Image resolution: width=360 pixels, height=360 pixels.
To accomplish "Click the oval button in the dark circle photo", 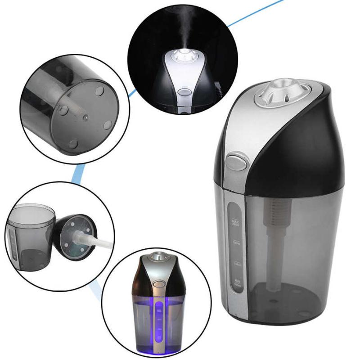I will point(184,92).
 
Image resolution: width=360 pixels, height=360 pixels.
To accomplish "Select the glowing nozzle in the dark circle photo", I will point(182,56).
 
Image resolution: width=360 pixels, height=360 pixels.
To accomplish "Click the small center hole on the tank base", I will point(85,118).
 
